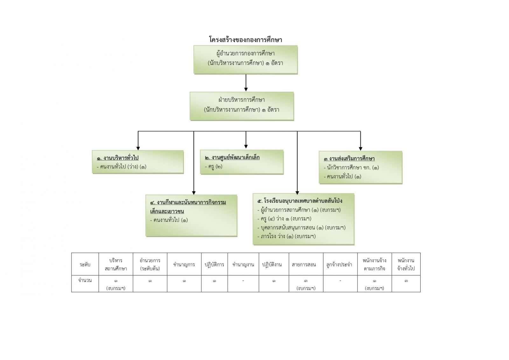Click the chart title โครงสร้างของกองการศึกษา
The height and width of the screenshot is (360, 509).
click(246, 40)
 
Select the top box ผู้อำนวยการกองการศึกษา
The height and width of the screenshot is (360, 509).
click(246, 60)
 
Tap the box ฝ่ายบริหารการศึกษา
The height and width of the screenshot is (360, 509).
click(242, 106)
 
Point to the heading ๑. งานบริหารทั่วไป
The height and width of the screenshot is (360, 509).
click(118, 158)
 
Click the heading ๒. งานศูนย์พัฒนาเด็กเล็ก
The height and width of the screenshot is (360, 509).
click(232, 158)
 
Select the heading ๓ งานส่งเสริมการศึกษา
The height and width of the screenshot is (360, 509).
click(349, 159)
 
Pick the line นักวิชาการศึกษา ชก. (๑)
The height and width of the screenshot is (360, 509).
click(352, 167)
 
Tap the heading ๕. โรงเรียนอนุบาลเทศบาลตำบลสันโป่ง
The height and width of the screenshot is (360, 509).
click(300, 201)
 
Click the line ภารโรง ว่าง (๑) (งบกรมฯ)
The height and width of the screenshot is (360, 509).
click(286, 236)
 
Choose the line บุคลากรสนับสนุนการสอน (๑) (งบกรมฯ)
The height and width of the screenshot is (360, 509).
click(301, 227)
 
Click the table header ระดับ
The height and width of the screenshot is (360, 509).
click(85, 265)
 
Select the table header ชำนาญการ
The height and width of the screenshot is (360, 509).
click(184, 265)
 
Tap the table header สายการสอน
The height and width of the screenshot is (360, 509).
click(306, 265)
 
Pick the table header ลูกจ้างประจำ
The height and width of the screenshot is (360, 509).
click(340, 265)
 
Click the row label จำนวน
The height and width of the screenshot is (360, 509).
click(85, 280)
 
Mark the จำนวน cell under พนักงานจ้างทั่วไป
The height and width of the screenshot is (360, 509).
click(406, 281)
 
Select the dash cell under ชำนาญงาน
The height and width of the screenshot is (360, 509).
click(243, 281)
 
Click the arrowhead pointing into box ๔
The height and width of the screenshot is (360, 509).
click(194, 192)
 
